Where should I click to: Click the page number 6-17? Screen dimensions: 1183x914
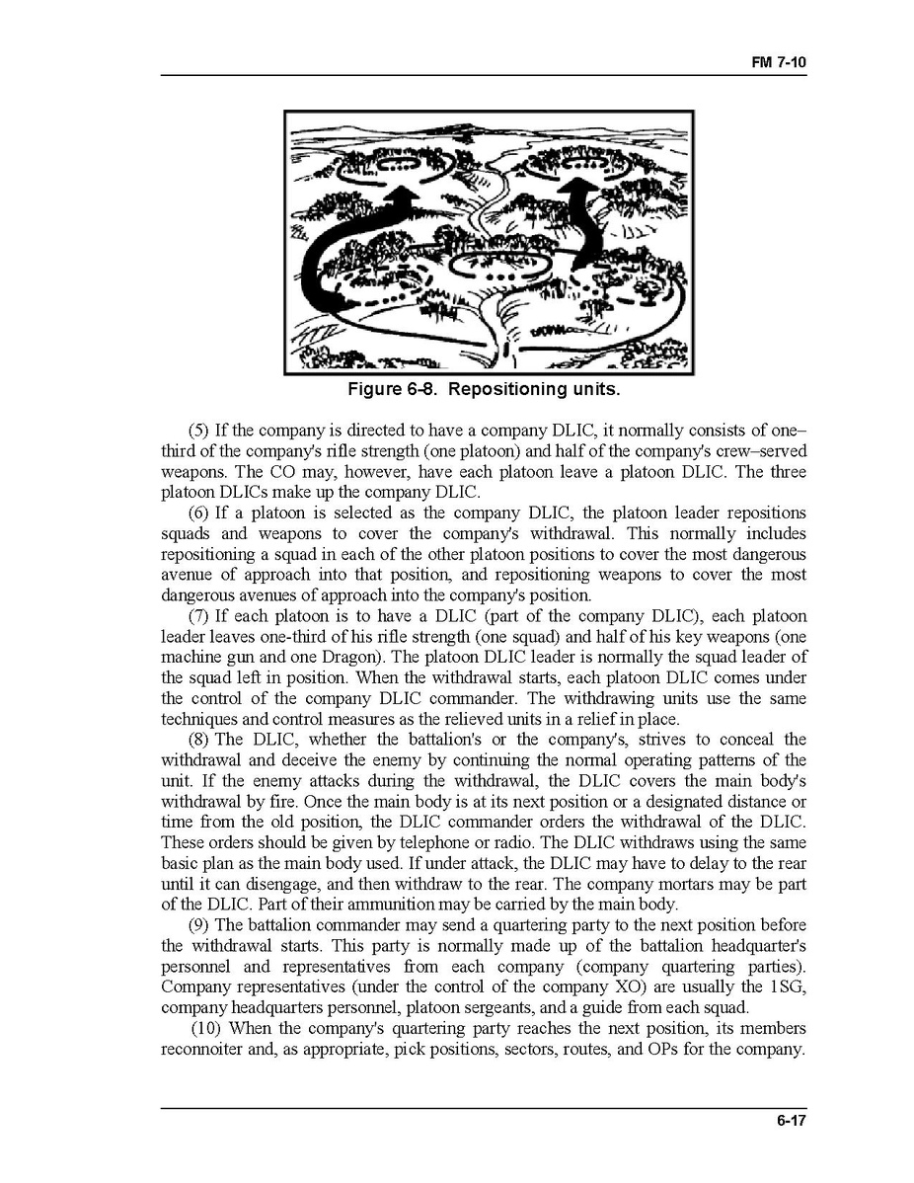tap(791, 1120)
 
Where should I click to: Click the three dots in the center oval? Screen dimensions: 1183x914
tap(493, 272)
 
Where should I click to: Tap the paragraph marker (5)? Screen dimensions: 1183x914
tap(198, 432)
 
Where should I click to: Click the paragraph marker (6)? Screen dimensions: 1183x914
tap(198, 513)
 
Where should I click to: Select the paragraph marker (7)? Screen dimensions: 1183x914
tap(198, 616)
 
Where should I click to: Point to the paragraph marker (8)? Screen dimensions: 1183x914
tap(198, 740)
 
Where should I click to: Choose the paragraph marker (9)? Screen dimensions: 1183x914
tap(198, 925)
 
